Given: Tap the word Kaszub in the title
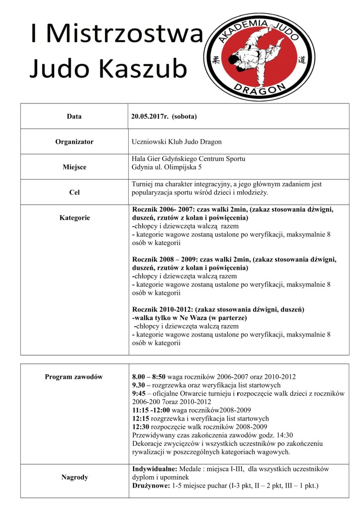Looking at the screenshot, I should tap(146, 69).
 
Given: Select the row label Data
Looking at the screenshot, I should tap(74, 117).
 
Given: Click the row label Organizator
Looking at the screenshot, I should tap(74, 142).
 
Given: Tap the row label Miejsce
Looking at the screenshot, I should tap(74, 168).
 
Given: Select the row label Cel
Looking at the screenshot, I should tap(74, 193).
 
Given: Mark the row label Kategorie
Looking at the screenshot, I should tap(74, 218).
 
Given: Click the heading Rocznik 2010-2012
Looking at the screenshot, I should tap(162, 309).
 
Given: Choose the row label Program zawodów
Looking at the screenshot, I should tap(74, 377).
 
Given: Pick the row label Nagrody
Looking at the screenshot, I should tap(74, 477).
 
